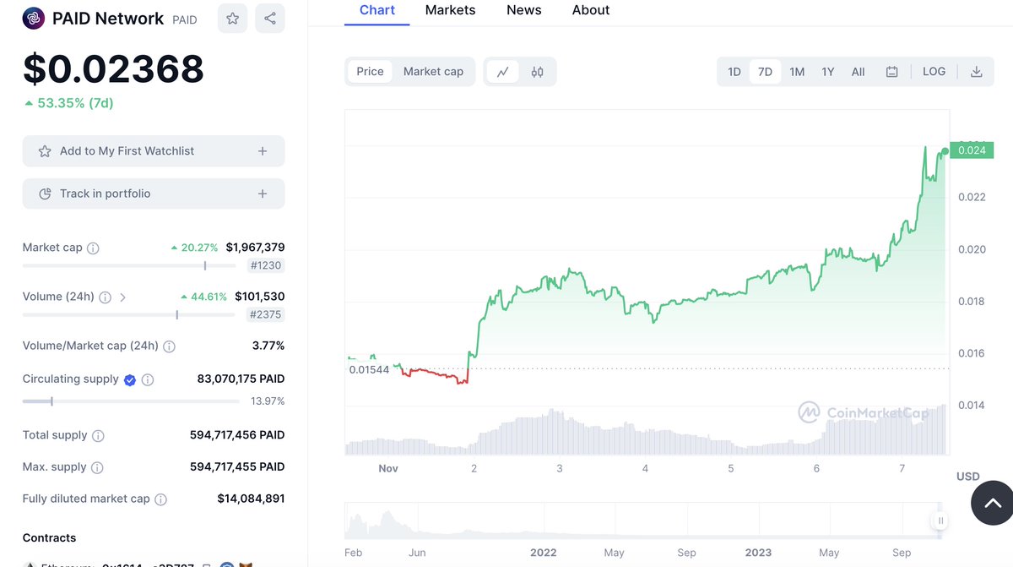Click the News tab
click(x=523, y=10)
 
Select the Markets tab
click(x=450, y=10)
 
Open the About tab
click(x=590, y=10)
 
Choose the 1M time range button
click(x=796, y=72)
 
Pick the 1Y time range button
click(x=827, y=72)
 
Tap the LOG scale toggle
click(x=934, y=72)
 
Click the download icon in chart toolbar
click(x=976, y=72)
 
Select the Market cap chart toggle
click(x=433, y=72)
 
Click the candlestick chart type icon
click(x=537, y=72)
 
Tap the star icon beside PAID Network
click(x=232, y=19)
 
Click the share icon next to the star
click(x=270, y=19)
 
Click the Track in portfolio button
click(x=153, y=194)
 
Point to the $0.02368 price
click(x=113, y=68)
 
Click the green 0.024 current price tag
click(x=971, y=150)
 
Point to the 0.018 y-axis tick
click(x=971, y=302)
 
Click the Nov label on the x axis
click(x=387, y=468)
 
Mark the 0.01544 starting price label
click(x=369, y=369)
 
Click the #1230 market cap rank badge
click(x=266, y=265)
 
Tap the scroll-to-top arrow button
click(x=992, y=503)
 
